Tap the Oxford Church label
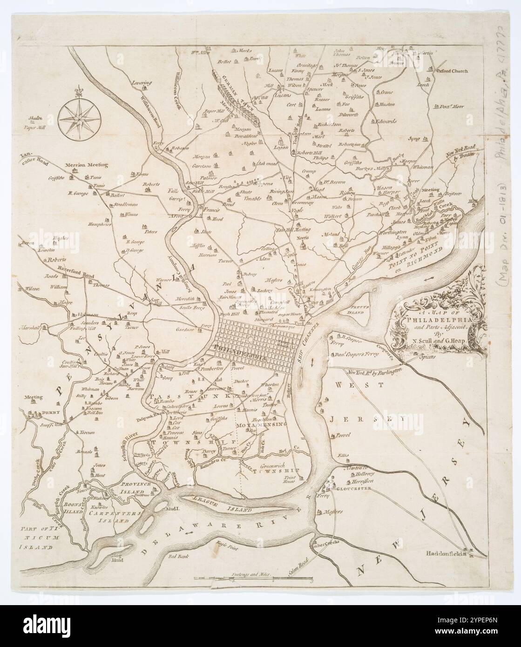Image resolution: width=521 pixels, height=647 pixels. (452, 72)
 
